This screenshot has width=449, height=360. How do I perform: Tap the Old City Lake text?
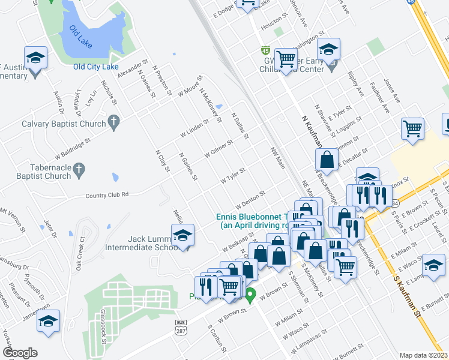click(96, 67)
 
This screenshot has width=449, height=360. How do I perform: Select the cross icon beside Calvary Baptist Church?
click(113, 123)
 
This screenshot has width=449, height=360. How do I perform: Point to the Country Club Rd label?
click(107, 194)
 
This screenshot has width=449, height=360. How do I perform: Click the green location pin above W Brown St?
click(252, 295)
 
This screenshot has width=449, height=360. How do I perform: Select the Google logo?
click(20, 353)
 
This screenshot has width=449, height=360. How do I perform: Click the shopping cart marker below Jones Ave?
click(412, 128)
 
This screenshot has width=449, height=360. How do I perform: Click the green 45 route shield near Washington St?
click(265, 49)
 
